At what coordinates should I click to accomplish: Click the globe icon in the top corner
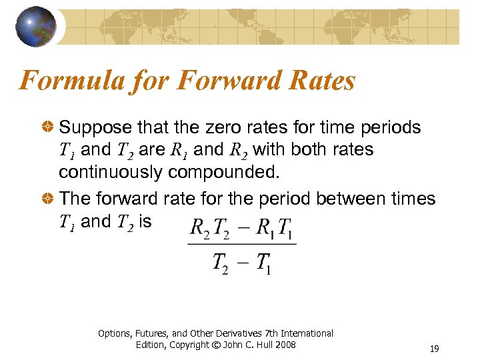click(37, 26)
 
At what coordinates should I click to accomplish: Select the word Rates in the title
click(321, 81)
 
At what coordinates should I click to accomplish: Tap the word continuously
click(110, 172)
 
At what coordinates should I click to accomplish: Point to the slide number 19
click(434, 349)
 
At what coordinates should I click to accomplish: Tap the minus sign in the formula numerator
click(243, 227)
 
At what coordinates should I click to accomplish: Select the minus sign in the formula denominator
click(243, 261)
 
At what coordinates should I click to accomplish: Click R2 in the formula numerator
click(199, 228)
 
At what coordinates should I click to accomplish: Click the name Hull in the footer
click(262, 345)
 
